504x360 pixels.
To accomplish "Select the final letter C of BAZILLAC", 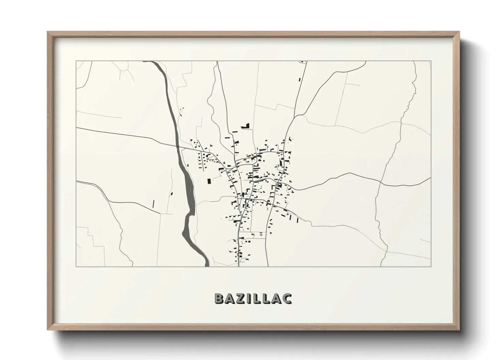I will point(287,298).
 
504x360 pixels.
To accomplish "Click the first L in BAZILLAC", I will point(257,298).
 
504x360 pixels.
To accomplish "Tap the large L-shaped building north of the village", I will point(246,126).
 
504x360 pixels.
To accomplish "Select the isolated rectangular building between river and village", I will point(209,181).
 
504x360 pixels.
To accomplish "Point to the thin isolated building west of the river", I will point(154,204).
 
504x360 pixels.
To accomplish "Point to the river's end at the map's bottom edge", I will point(206,266).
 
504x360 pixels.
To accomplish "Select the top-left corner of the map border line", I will point(76,61).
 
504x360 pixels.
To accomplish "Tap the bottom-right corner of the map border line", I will point(431,266).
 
